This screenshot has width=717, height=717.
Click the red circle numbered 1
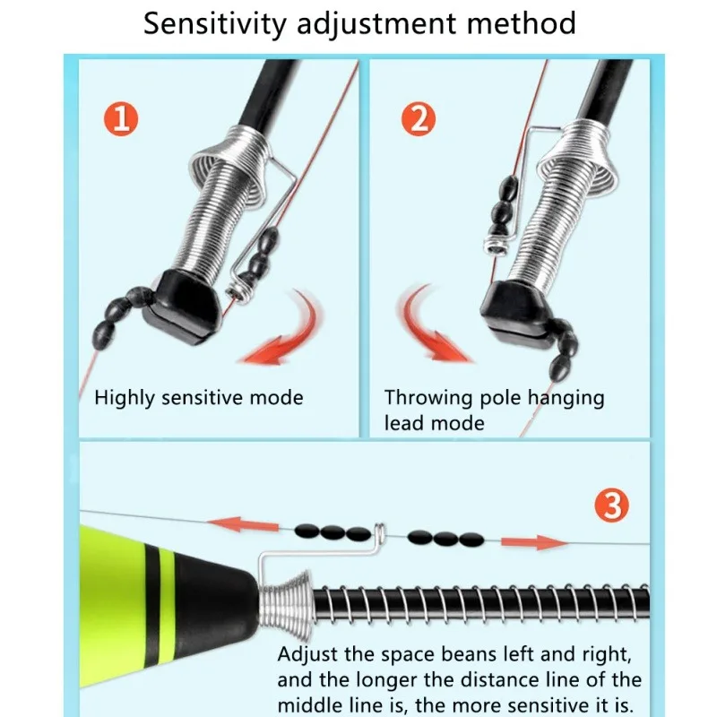coord(123,120)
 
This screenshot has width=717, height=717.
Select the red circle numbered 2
coord(418,120)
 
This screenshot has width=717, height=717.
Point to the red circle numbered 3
coord(612,506)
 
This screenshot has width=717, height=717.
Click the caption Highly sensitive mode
coord(199,398)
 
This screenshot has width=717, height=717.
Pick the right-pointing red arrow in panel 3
coord(532,542)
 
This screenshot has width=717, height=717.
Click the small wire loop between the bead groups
coord(378,531)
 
